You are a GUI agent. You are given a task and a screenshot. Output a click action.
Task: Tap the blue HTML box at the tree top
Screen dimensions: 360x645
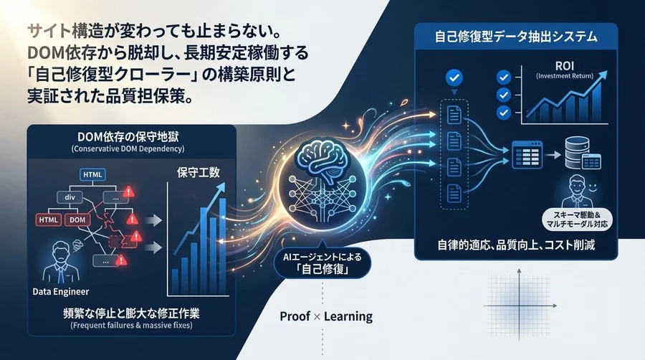[x=93, y=174]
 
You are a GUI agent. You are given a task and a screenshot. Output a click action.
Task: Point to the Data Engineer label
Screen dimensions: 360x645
[x=61, y=290]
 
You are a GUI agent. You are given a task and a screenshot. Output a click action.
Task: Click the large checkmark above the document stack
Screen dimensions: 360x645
[x=452, y=77]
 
